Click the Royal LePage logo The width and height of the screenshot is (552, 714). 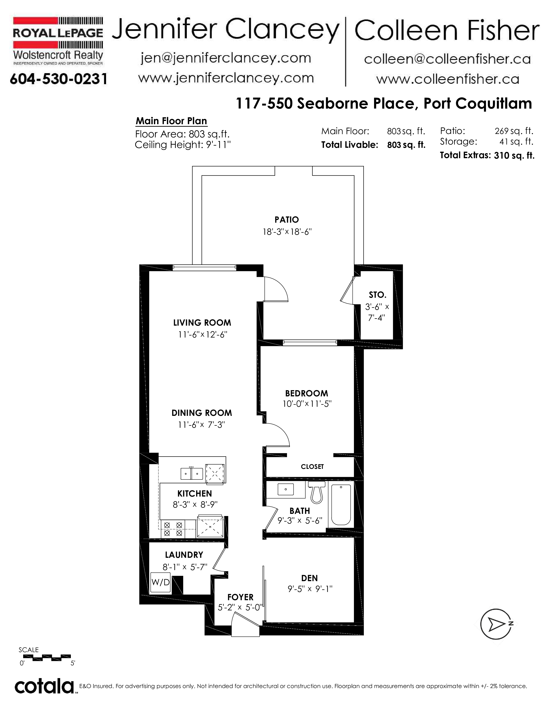[x=58, y=41]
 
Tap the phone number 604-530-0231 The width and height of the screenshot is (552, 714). [x=58, y=79]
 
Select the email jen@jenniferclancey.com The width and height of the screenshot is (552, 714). [x=226, y=58]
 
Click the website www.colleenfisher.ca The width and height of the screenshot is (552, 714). [x=448, y=79]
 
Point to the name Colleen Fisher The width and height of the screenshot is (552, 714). [x=447, y=31]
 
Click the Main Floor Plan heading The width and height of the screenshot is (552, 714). [x=171, y=121]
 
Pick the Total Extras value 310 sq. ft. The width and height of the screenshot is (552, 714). [x=514, y=155]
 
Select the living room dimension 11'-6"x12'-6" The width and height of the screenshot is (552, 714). [x=202, y=334]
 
